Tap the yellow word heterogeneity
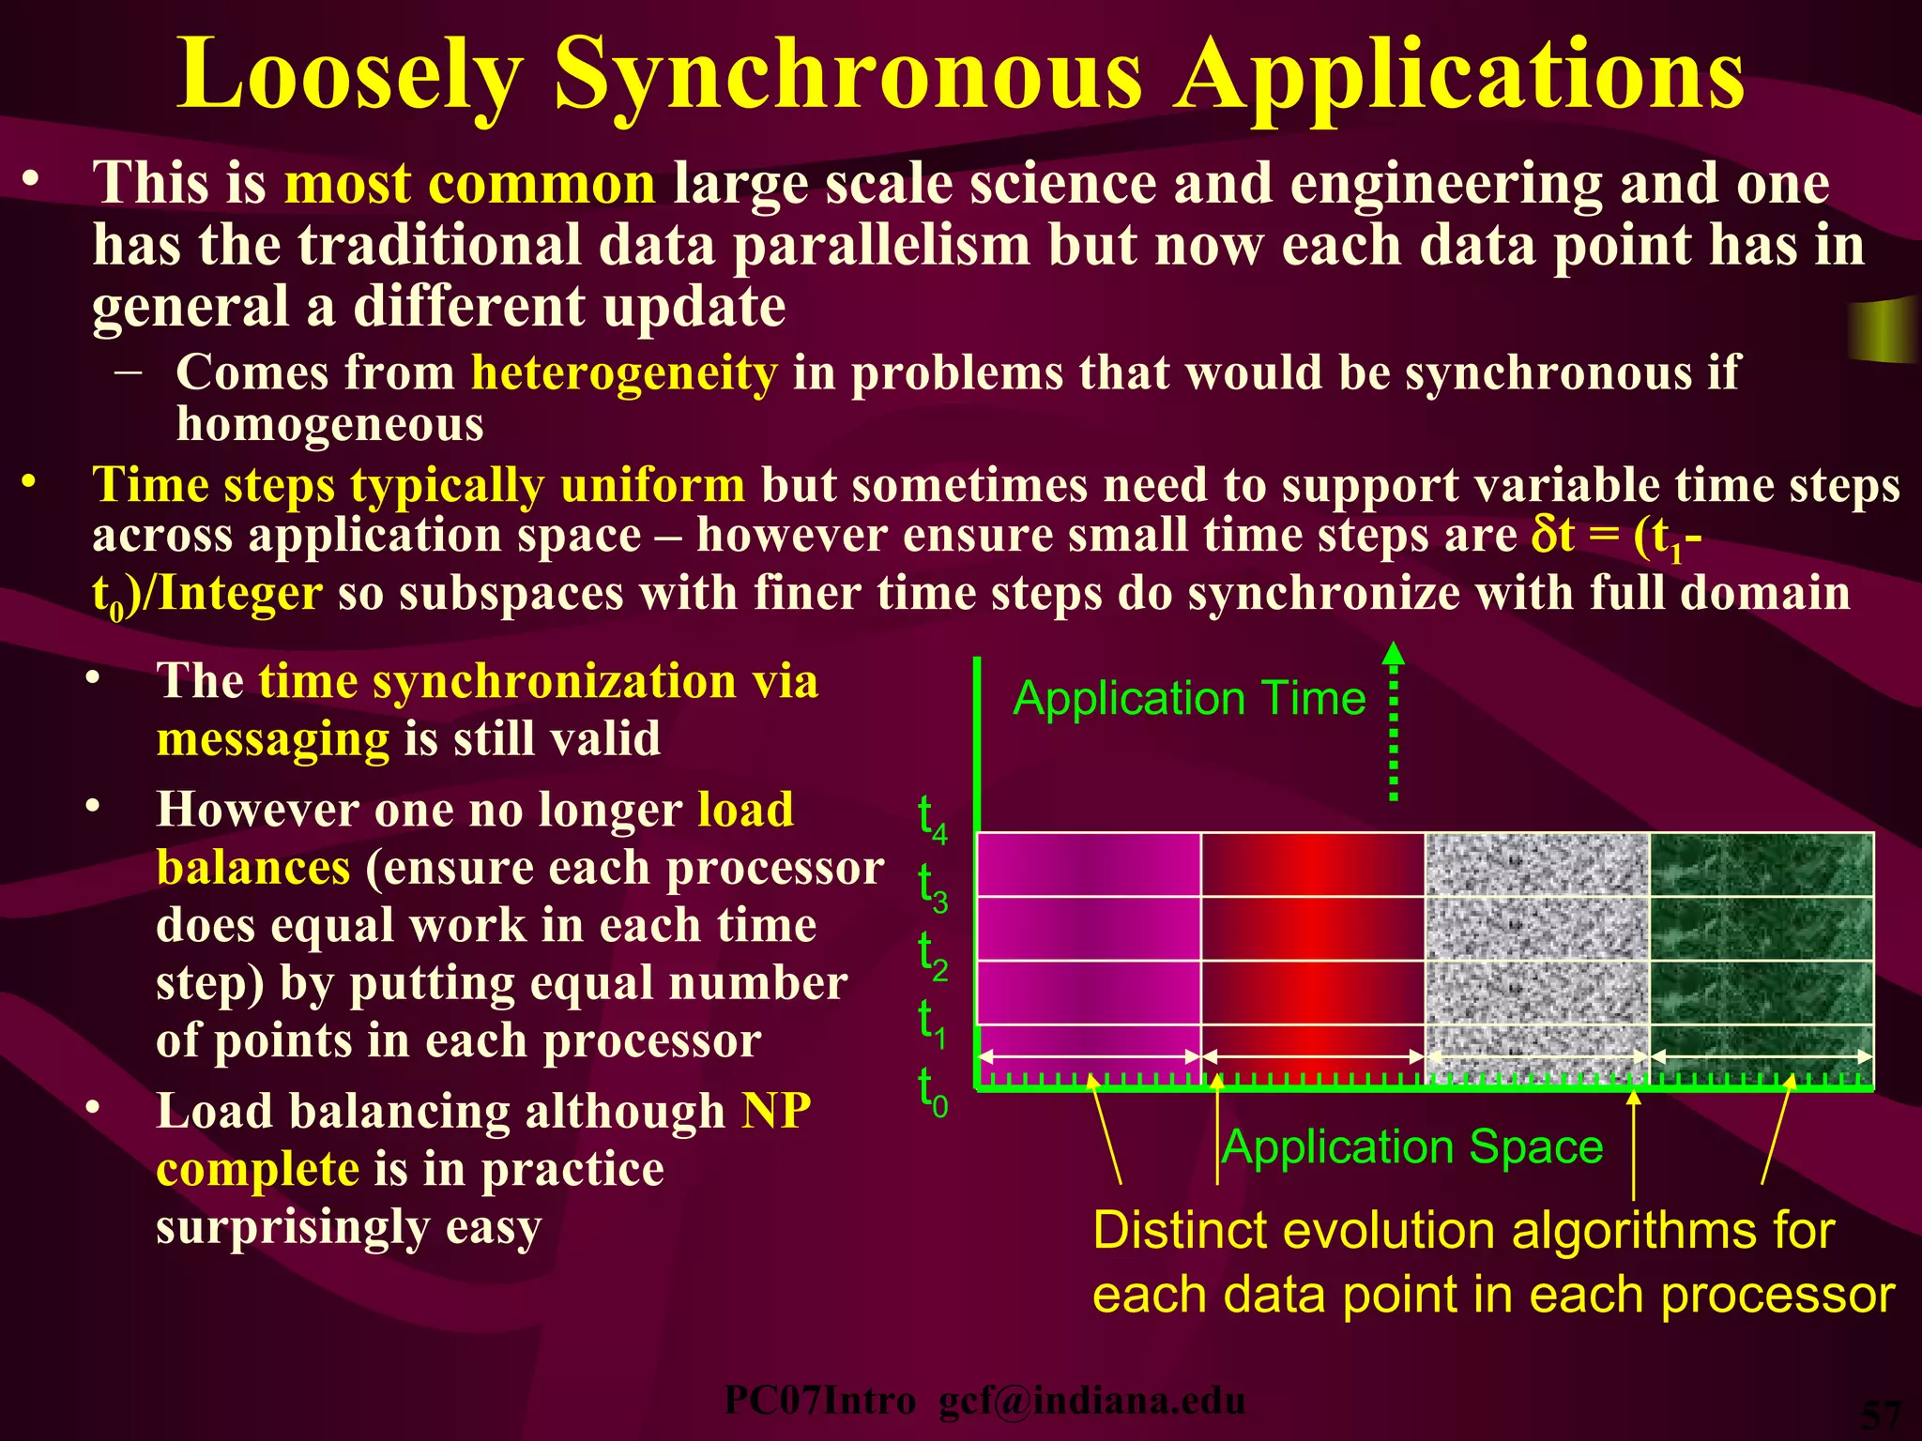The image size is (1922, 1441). coord(624,373)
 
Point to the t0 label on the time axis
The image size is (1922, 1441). coord(932,1091)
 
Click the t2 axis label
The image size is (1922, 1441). coord(932,954)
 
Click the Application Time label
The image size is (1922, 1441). coord(1189,699)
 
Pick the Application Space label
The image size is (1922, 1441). coord(1412,1147)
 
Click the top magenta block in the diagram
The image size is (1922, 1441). coord(1089,864)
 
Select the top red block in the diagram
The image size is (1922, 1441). coord(1312,864)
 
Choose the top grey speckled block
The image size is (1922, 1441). coord(1536,864)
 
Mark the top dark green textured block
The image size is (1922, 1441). coord(1762,864)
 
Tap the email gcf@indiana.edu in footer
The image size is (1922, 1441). coord(1092,1401)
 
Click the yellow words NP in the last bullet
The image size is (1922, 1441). coord(776,1112)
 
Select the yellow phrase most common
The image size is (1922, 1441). coord(469,183)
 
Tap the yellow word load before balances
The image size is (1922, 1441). coord(745,810)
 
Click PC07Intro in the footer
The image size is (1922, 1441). coord(819,1401)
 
